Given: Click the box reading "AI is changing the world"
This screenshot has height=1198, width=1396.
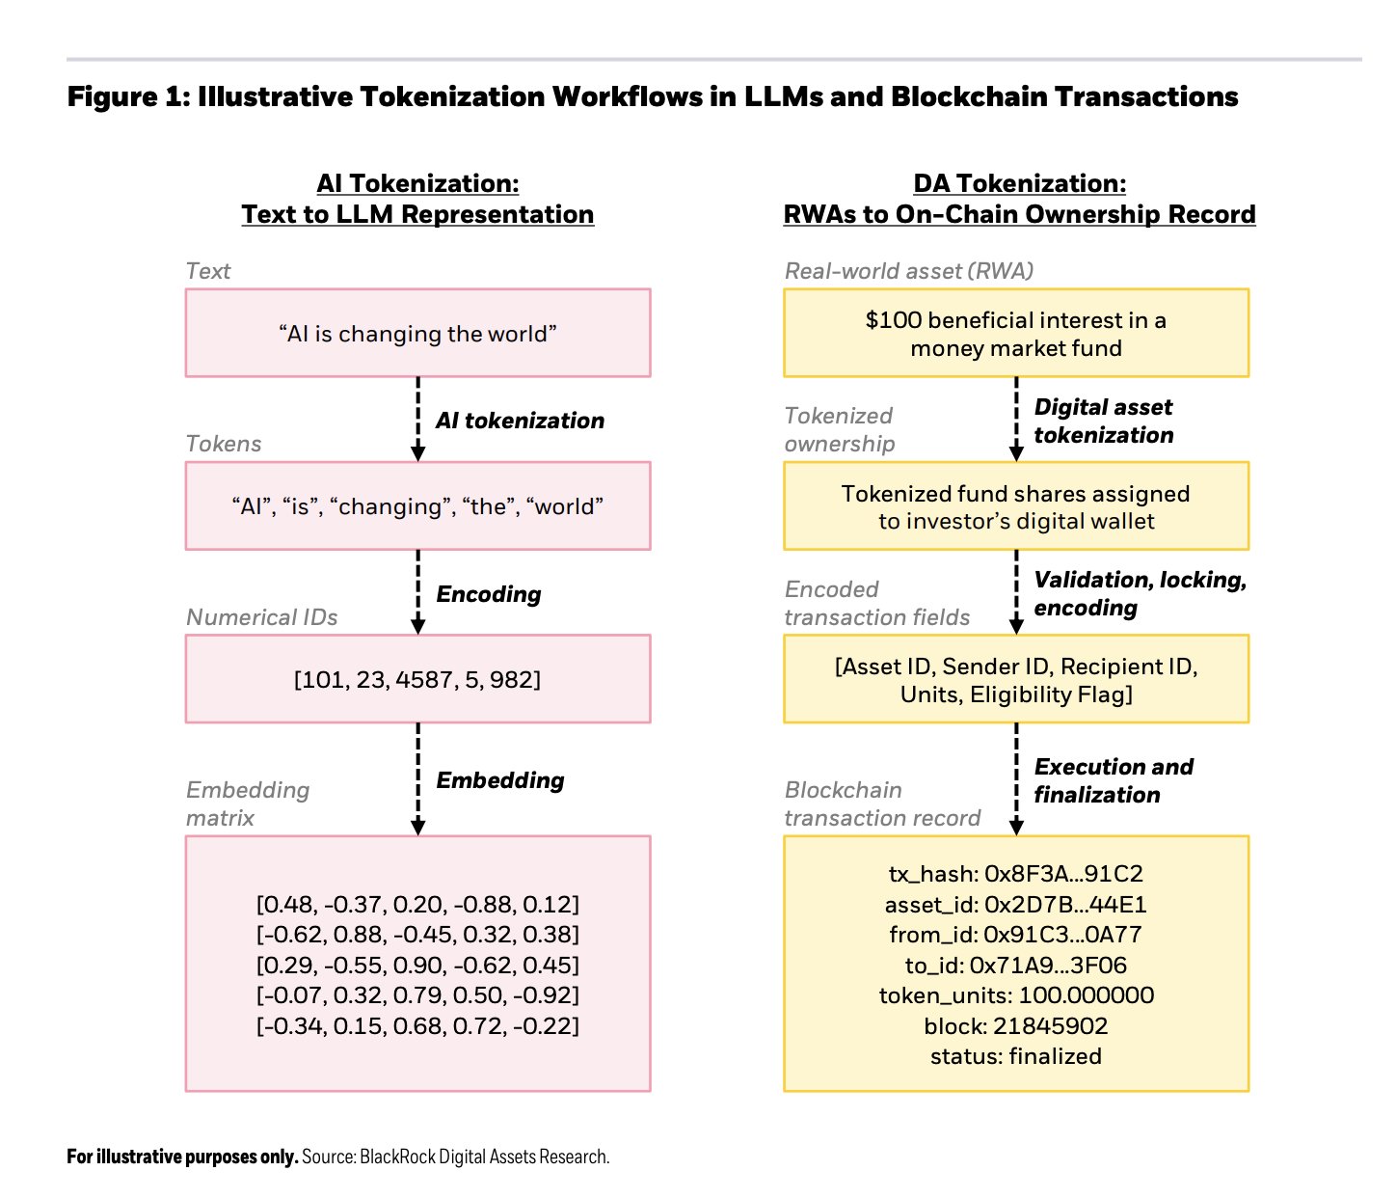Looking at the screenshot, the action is (417, 333).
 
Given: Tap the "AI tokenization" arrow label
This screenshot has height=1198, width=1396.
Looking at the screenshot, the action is (520, 421).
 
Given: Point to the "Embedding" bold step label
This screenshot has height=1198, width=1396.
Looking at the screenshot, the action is (499, 779).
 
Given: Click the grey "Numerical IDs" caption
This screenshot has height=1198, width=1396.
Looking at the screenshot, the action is (261, 617).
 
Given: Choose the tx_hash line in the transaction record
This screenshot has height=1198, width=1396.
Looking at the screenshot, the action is (1016, 874).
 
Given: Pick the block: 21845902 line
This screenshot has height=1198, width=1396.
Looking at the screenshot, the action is (1016, 1025).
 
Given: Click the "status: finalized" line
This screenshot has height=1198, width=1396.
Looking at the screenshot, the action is (1016, 1056).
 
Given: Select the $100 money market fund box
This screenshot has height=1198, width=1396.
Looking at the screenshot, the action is (1016, 333).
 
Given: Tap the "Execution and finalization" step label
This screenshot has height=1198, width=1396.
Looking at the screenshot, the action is (1113, 780).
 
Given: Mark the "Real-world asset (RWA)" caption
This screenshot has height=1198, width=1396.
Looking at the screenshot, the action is (908, 271).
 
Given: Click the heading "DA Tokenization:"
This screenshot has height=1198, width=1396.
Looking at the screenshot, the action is (1019, 183).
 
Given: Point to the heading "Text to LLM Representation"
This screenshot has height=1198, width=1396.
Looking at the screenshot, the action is (417, 214).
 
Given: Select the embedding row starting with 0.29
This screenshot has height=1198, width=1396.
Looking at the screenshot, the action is (417, 965).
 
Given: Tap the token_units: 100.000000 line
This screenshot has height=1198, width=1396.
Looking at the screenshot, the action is (1016, 995).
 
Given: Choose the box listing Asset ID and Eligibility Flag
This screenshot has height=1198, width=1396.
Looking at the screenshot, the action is (1016, 678).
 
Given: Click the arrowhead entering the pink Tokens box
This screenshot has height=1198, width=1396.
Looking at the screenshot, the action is (417, 453).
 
